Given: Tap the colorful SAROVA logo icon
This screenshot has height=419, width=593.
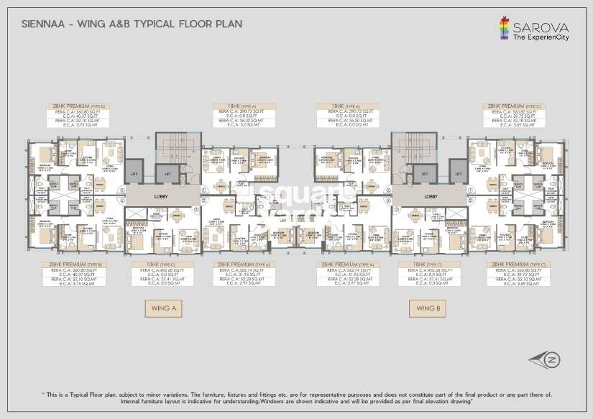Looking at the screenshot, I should (505, 27).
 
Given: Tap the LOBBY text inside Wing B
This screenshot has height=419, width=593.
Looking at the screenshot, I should (431, 195).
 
